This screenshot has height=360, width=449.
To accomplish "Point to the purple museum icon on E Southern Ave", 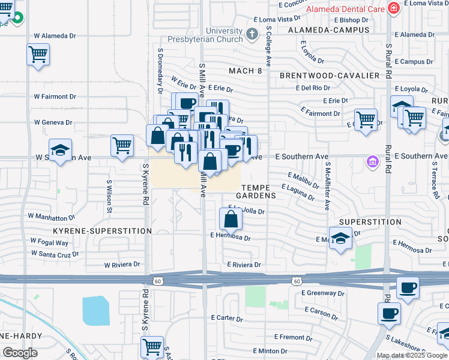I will coord(373,161).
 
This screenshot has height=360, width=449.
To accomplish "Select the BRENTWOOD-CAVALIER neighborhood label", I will coord(330,76).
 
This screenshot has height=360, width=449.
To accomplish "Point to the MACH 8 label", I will coord(246,71).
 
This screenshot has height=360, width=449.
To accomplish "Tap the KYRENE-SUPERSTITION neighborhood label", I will coord(102,231).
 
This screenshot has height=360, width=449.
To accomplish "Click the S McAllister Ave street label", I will coord(327,185).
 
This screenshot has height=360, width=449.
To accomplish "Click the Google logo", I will coord(19,353).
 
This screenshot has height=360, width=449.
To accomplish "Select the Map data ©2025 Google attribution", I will coord(412,355).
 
